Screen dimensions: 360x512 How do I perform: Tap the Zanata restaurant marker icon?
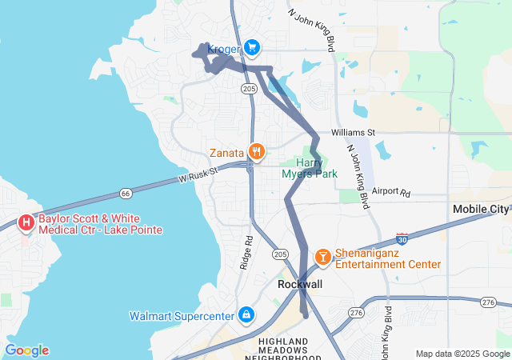point(256,151)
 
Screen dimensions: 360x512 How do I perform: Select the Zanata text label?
point(227,152)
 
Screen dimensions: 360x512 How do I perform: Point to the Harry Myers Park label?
point(310,168)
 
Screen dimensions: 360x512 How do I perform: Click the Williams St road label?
point(354,132)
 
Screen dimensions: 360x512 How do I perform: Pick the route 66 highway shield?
point(126,194)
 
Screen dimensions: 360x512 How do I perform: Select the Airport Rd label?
point(391,193)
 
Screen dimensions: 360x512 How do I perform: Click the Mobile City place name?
point(480,210)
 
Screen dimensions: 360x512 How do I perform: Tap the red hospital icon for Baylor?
point(26,222)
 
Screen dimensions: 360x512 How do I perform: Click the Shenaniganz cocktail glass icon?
point(322,256)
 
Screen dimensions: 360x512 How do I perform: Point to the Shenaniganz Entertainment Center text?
point(387,258)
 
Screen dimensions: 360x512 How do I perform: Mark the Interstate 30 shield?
point(402,239)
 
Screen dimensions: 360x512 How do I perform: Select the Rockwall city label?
point(299,284)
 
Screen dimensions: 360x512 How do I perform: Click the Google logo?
point(26,350)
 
